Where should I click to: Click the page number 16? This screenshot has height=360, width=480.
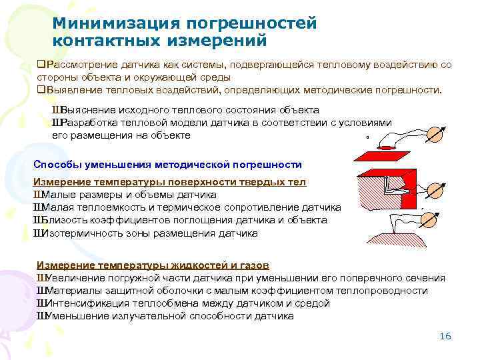446,336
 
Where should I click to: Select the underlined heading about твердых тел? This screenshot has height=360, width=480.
169,182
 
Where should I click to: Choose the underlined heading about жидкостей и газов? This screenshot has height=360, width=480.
153,265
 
